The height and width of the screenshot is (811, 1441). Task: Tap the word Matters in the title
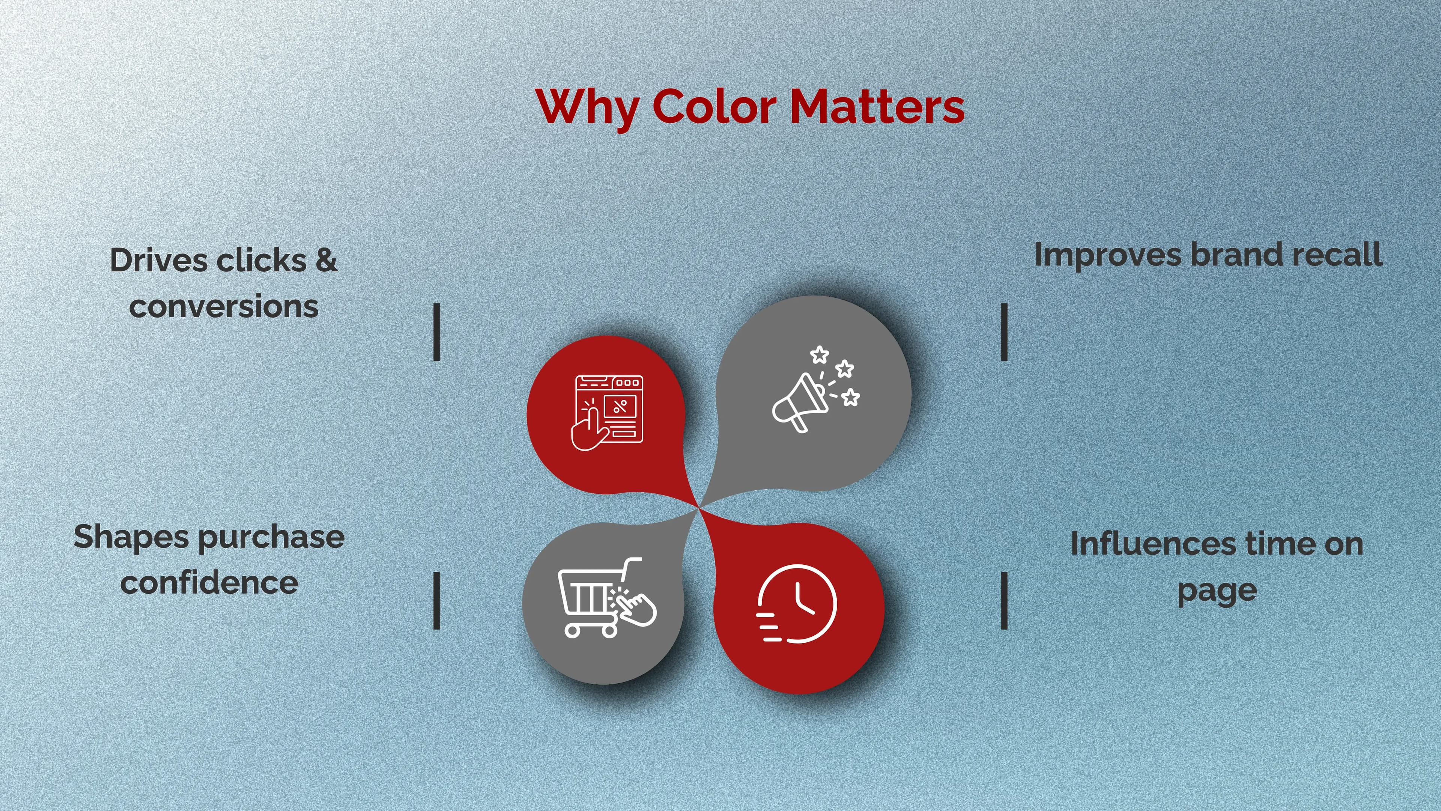tap(877, 106)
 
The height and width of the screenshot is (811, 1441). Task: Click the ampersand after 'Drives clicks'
tap(326, 260)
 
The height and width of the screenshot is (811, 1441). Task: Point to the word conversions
tap(224, 307)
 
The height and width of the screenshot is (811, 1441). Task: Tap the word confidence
tap(209, 583)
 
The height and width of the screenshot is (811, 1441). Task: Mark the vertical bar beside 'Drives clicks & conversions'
tap(436, 332)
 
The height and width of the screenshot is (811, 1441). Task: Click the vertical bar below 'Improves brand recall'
tap(1004, 332)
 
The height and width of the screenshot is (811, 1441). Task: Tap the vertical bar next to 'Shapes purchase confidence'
tap(436, 601)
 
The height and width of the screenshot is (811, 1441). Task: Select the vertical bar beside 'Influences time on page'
tap(1004, 601)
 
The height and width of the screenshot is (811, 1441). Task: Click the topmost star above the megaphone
tap(820, 354)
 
